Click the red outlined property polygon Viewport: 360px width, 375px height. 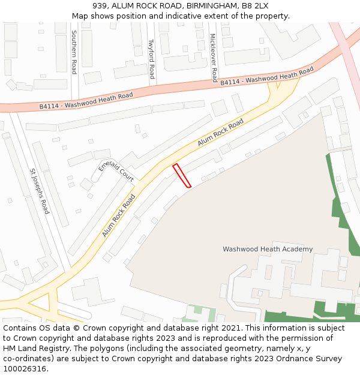click(x=182, y=176)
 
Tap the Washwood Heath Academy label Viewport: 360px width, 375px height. click(x=268, y=249)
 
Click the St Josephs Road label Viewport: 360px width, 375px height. click(x=40, y=191)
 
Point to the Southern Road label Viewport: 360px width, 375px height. click(x=74, y=52)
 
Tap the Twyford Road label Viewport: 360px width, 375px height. click(x=152, y=59)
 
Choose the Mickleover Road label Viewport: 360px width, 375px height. click(x=213, y=58)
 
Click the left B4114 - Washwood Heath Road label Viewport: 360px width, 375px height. click(x=86, y=100)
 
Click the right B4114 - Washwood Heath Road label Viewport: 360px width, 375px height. click(x=266, y=77)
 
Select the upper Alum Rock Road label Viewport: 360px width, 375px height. click(x=220, y=132)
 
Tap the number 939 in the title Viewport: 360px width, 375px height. click(x=100, y=6)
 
